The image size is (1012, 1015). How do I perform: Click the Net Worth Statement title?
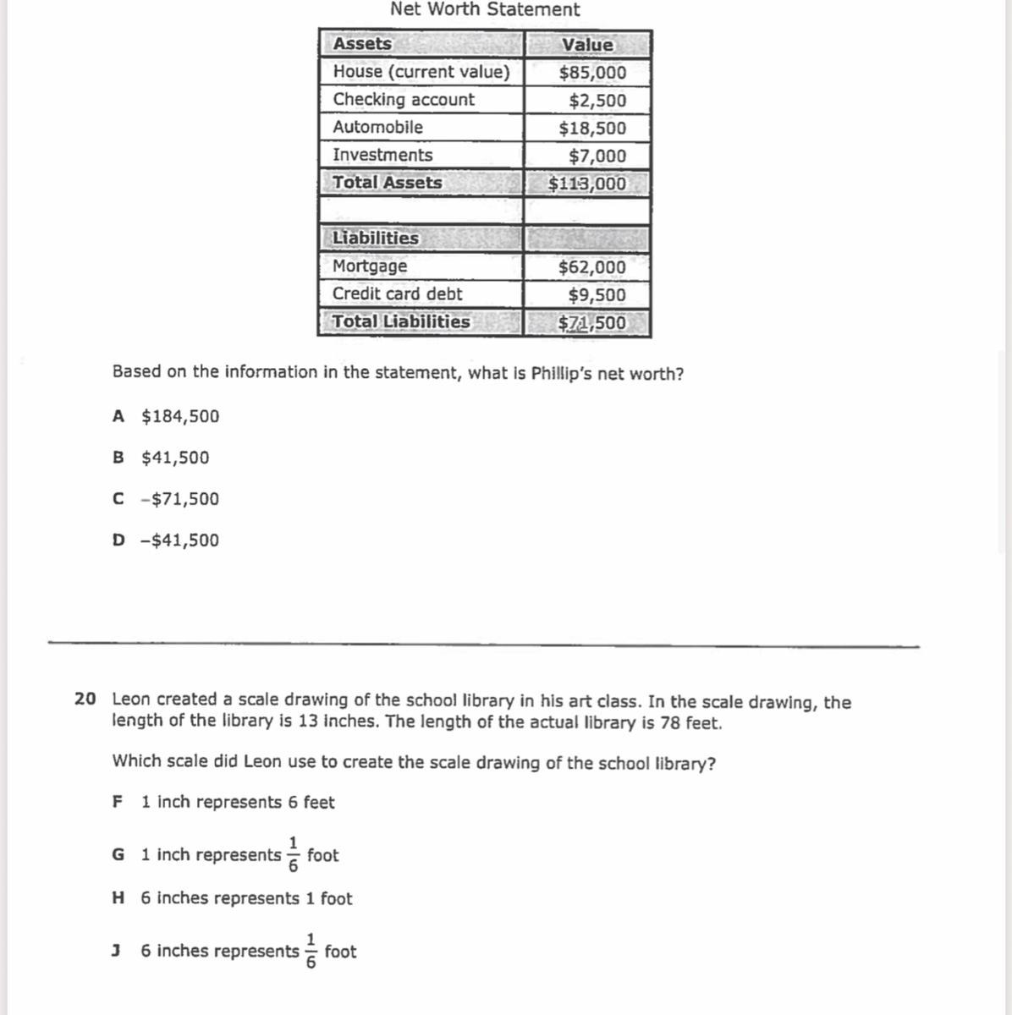click(485, 10)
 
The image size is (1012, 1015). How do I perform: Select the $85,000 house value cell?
click(592, 73)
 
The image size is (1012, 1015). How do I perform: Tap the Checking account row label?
click(404, 100)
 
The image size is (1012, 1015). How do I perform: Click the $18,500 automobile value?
click(592, 129)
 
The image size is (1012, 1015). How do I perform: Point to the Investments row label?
click(382, 155)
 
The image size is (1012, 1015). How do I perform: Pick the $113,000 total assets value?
click(588, 184)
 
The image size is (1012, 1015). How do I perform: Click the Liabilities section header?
click(376, 239)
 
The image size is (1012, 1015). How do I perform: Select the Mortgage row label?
click(370, 266)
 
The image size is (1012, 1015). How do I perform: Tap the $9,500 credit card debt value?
click(597, 295)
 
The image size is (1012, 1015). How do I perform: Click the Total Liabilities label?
click(401, 322)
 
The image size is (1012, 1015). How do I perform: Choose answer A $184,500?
click(166, 416)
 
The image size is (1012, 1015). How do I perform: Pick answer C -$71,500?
click(166, 499)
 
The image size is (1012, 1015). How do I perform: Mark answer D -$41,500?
click(166, 540)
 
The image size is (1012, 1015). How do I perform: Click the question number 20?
click(85, 700)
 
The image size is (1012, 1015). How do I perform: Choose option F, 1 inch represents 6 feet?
click(223, 802)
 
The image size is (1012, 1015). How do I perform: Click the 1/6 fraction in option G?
click(294, 854)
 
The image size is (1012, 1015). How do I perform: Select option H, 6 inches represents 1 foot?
click(233, 898)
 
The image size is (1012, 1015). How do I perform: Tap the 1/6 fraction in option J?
click(311, 951)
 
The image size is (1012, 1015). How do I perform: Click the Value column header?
click(588, 45)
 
